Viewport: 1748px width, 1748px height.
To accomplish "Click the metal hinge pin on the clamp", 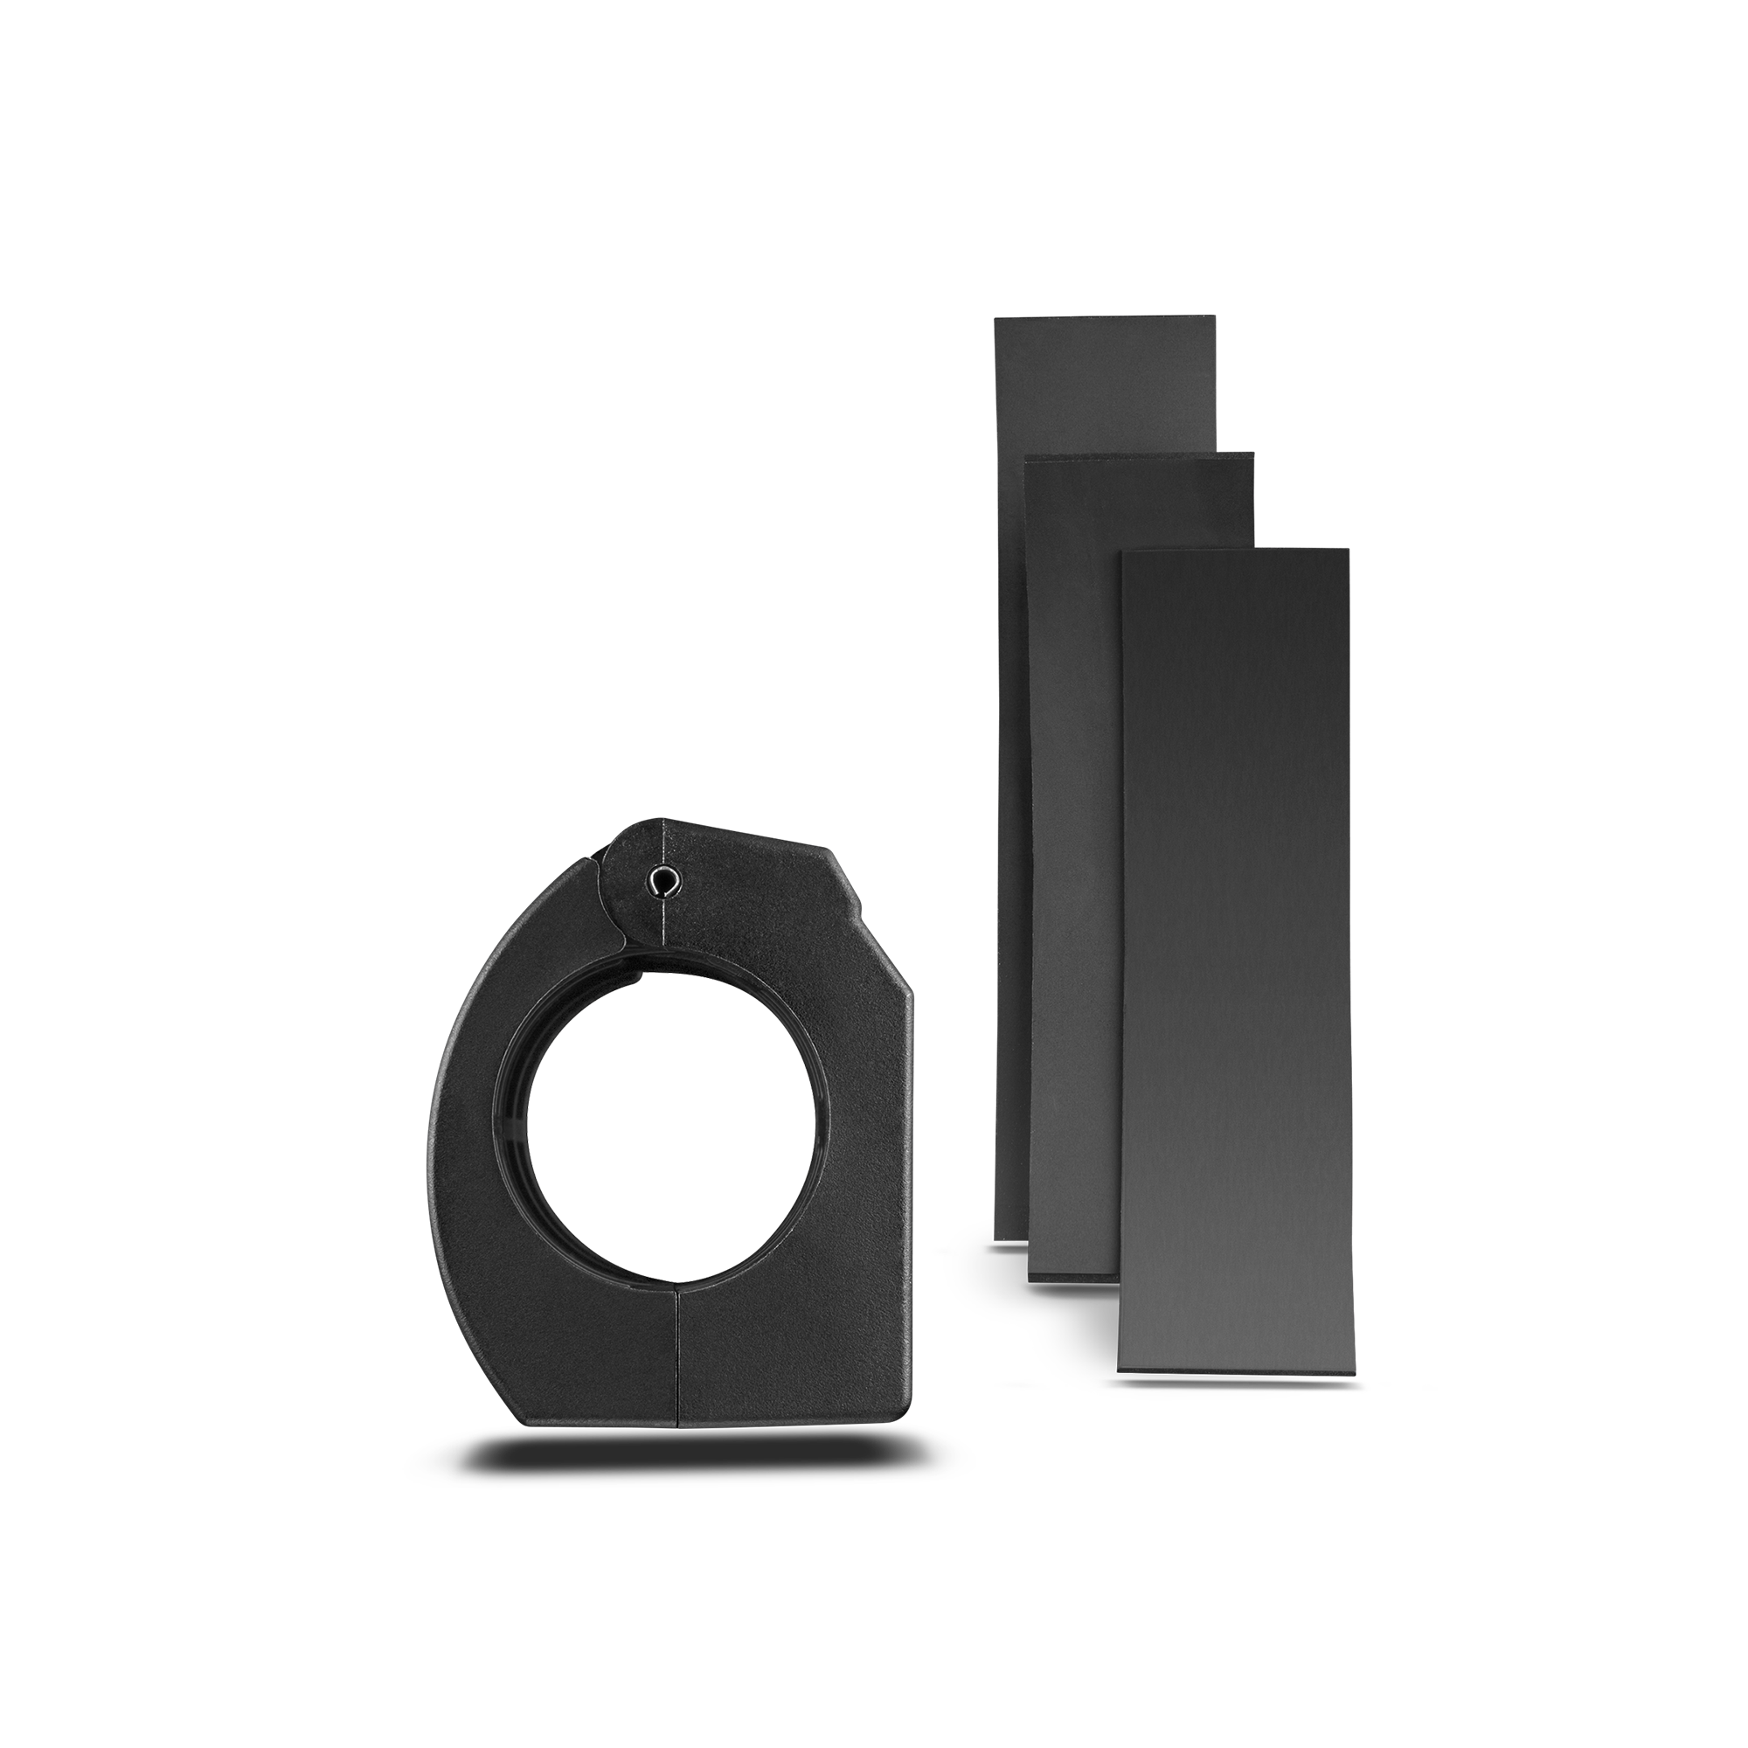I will click(665, 878).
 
